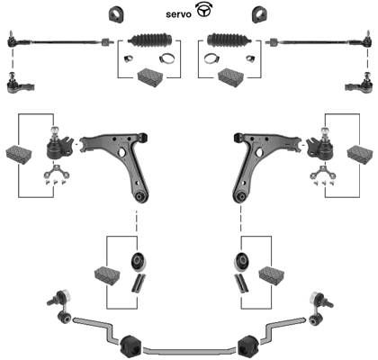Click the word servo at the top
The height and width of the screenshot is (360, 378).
click(178, 14)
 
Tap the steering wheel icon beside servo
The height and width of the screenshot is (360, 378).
click(203, 11)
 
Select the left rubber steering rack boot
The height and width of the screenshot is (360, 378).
click(150, 39)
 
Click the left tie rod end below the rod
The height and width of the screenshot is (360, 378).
click(20, 84)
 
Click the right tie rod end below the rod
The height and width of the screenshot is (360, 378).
click(359, 84)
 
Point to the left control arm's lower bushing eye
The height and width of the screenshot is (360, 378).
click(140, 196)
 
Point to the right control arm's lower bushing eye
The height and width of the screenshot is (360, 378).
click(239, 197)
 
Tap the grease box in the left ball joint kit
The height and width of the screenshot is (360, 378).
click(19, 155)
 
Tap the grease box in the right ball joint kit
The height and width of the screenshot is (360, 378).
click(360, 154)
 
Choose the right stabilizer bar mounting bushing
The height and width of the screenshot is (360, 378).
click(248, 346)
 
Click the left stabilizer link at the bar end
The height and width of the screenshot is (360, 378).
click(61, 306)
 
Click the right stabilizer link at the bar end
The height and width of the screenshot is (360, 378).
click(319, 307)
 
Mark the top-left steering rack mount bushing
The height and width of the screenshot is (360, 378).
click(116, 13)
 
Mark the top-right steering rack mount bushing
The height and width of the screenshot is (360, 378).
click(259, 14)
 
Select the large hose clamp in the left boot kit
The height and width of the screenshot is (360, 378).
click(166, 58)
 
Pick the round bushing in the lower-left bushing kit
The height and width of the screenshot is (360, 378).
click(138, 262)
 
